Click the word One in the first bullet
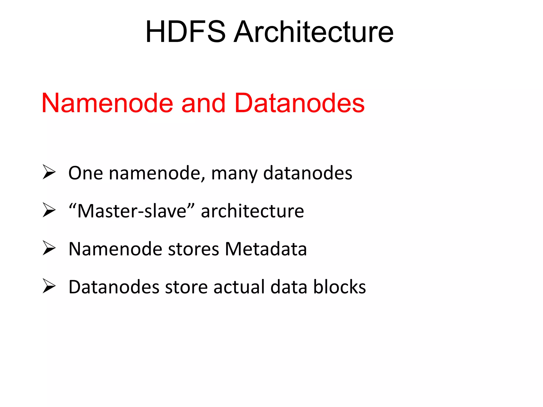(86, 173)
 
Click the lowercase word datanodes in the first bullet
(308, 173)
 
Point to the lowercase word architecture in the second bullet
(252, 211)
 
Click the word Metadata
(266, 249)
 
